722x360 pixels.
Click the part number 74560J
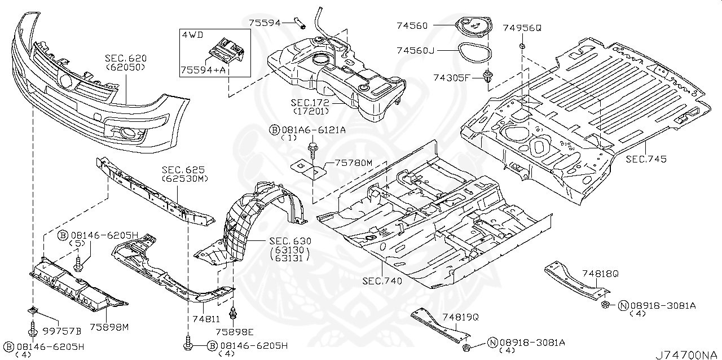point(431,51)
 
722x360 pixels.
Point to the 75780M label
point(354,163)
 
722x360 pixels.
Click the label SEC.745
point(646,160)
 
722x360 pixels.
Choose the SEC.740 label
point(382,280)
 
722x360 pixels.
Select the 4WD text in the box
point(191,34)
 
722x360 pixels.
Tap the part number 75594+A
point(201,69)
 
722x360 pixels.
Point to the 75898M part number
point(108,326)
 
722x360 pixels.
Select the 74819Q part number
point(460,318)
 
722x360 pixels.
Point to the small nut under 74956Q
point(523,45)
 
